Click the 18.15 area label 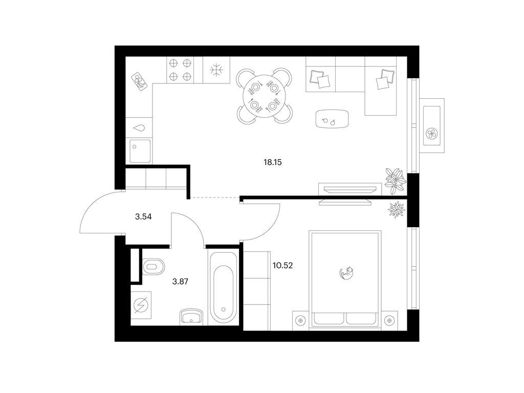pyautogui.click(x=273, y=163)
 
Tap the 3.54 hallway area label pyautogui.click(x=143, y=217)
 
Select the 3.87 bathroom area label pyautogui.click(x=180, y=282)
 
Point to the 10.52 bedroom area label pyautogui.click(x=282, y=266)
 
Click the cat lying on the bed pyautogui.click(x=346, y=273)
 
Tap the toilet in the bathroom pyautogui.click(x=154, y=267)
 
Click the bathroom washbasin pyautogui.click(x=191, y=316)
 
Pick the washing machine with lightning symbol pyautogui.click(x=141, y=305)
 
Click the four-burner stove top pyautogui.click(x=180, y=70)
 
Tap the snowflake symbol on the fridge pyautogui.click(x=216, y=70)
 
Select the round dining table pyautogui.click(x=265, y=96)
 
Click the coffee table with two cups pyautogui.click(x=333, y=119)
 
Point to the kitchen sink pyautogui.click(x=140, y=151)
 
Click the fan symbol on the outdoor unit pyautogui.click(x=432, y=134)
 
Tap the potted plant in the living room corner pyautogui.click(x=396, y=181)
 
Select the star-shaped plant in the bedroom pyautogui.click(x=397, y=209)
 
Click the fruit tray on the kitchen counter pyautogui.click(x=140, y=82)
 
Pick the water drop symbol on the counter pyautogui.click(x=140, y=127)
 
